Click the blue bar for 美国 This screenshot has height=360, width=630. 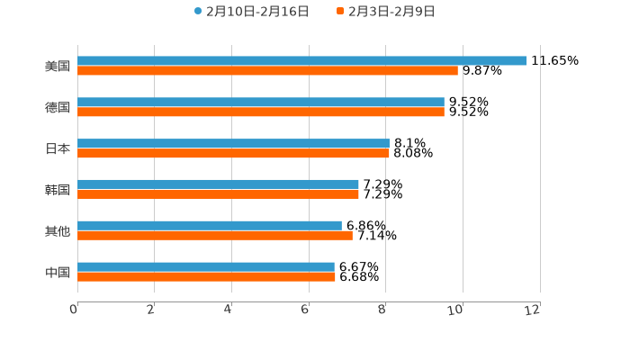coord(301,60)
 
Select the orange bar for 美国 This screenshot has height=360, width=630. coord(267,70)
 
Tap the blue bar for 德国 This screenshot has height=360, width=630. coord(261,102)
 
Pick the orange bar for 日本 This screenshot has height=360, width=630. coord(233,153)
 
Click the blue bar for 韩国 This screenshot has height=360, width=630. coord(218,184)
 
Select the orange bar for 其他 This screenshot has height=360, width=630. coord(214,235)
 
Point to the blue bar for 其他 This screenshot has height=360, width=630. coord(209,225)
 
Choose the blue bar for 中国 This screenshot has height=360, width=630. coord(205,266)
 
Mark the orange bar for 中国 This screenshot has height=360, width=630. coord(206,276)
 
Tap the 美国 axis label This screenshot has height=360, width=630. coord(58,66)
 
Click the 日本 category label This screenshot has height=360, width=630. coord(58,148)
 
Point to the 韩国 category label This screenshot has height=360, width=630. coord(58,189)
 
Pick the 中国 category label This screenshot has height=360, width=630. coord(58,272)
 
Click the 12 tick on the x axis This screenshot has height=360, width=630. coord(534,310)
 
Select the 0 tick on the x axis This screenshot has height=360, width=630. coord(75,310)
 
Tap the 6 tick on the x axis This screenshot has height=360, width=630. coord(306,310)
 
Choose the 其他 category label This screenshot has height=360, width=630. coord(58,230)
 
